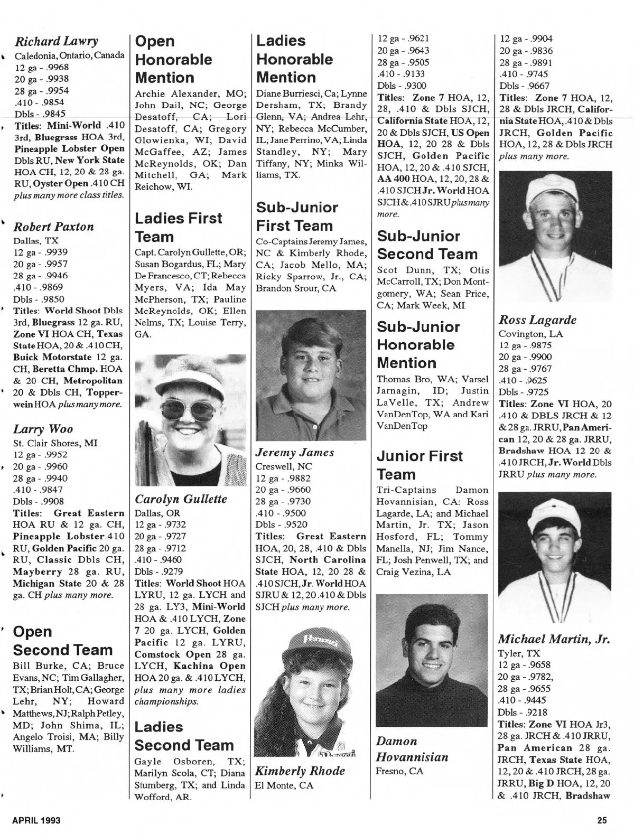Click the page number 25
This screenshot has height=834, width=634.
click(602, 820)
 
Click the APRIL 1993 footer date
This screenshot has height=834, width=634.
click(36, 820)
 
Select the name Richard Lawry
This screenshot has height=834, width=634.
click(57, 41)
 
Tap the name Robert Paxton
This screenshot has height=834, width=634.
click(53, 227)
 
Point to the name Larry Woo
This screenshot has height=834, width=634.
click(43, 429)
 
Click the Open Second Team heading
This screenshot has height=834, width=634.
click(62, 641)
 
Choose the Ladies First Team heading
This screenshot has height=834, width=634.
click(179, 227)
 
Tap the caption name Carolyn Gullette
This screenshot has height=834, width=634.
click(181, 499)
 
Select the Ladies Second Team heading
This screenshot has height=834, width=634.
click(184, 736)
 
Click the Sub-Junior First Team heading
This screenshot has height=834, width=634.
click(297, 217)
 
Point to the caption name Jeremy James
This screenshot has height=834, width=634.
click(295, 453)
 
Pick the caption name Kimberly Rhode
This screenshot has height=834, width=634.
click(300, 771)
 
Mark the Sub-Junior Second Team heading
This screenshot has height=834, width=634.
click(427, 245)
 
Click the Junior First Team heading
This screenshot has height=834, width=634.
click(419, 465)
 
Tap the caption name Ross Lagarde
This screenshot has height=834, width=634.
click(537, 320)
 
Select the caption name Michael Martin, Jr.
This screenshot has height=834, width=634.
click(554, 639)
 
